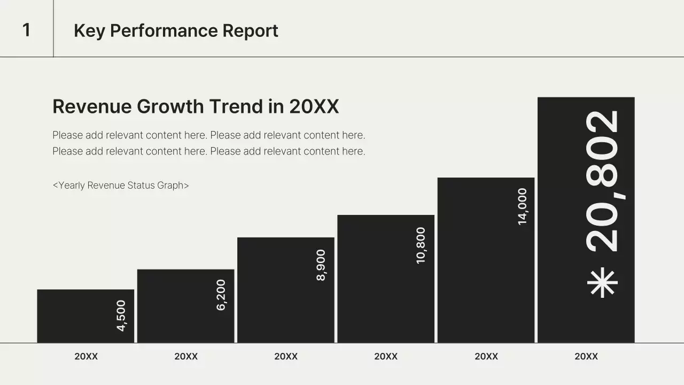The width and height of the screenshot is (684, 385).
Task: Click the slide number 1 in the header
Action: click(x=27, y=30)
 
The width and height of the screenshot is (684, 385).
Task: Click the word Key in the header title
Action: click(x=89, y=31)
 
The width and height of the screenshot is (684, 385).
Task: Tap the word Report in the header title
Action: click(x=250, y=31)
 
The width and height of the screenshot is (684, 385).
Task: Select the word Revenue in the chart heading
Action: click(x=92, y=106)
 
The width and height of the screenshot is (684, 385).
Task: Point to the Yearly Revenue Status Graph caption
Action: click(x=121, y=185)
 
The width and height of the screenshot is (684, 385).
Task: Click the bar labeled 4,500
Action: click(x=85, y=316)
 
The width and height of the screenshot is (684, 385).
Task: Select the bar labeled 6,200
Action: click(x=185, y=306)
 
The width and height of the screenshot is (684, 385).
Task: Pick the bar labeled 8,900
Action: click(x=286, y=290)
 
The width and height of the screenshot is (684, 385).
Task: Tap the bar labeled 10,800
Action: click(x=386, y=279)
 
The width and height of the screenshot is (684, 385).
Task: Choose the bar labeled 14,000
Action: click(x=486, y=260)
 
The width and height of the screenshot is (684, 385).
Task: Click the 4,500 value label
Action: click(x=121, y=315)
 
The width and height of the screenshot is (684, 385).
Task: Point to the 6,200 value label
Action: click(x=221, y=295)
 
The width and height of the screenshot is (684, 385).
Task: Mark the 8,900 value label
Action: click(x=321, y=265)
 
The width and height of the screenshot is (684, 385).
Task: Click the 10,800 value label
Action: click(x=421, y=245)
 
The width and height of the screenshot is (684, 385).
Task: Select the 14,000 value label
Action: click(x=523, y=206)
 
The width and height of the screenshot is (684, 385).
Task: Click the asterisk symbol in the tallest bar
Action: click(x=602, y=283)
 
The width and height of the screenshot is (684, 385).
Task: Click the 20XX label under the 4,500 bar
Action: click(x=86, y=356)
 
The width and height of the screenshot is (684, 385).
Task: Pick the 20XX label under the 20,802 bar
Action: click(x=586, y=356)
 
